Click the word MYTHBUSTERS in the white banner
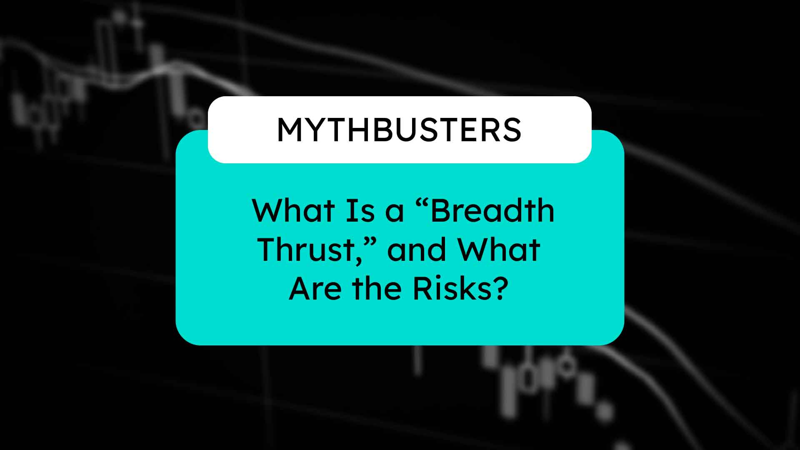pyautogui.click(x=399, y=130)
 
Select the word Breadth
pyautogui.click(x=492, y=210)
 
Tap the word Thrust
pyautogui.click(x=306, y=250)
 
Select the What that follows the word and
pyautogui.click(x=499, y=250)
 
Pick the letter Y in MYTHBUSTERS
pyautogui.click(x=320, y=130)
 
